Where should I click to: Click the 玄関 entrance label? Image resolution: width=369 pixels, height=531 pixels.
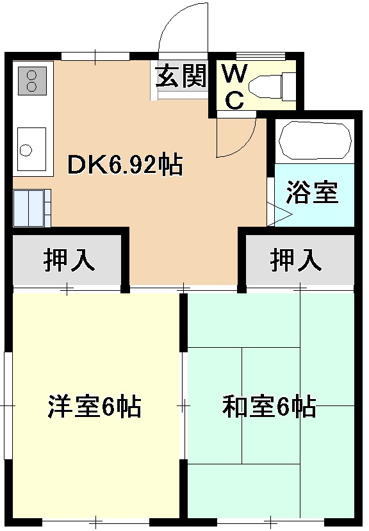pos(181,77)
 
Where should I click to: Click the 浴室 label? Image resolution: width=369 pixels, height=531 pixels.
pos(313,193)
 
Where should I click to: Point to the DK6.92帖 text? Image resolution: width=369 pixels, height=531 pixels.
pos(126,166)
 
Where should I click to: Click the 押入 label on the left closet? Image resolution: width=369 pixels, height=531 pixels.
pos(69,260)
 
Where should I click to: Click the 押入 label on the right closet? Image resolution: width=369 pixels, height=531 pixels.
pos(295,260)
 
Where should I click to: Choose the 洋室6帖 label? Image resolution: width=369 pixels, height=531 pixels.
pos(95,407)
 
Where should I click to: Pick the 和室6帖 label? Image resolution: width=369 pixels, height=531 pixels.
pos(269,407)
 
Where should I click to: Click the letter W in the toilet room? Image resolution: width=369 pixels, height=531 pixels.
pos(234,74)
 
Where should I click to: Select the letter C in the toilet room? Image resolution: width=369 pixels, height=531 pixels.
pos(235,99)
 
